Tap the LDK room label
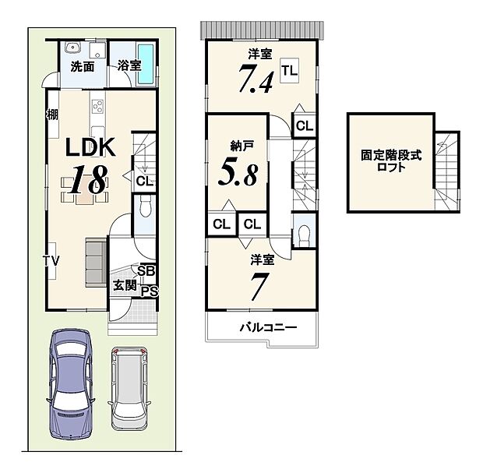pyautogui.click(x=90, y=147)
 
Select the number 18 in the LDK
pyautogui.click(x=87, y=180)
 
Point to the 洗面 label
pyautogui.click(x=83, y=66)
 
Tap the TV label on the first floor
pyautogui.click(x=51, y=259)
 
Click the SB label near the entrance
pyautogui.click(x=146, y=271)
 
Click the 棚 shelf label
pyautogui.click(x=51, y=115)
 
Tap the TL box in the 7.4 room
pyautogui.click(x=289, y=72)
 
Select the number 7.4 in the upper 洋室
pyautogui.click(x=255, y=80)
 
